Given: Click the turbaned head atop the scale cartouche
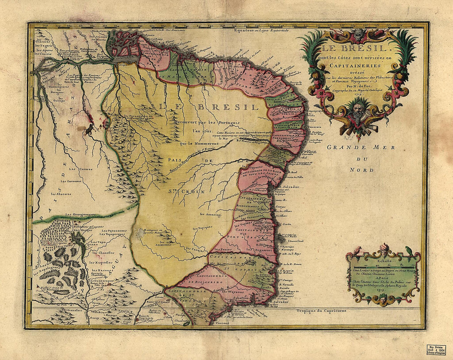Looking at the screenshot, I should click(384, 248).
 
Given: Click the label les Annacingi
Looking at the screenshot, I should click(211, 214).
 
